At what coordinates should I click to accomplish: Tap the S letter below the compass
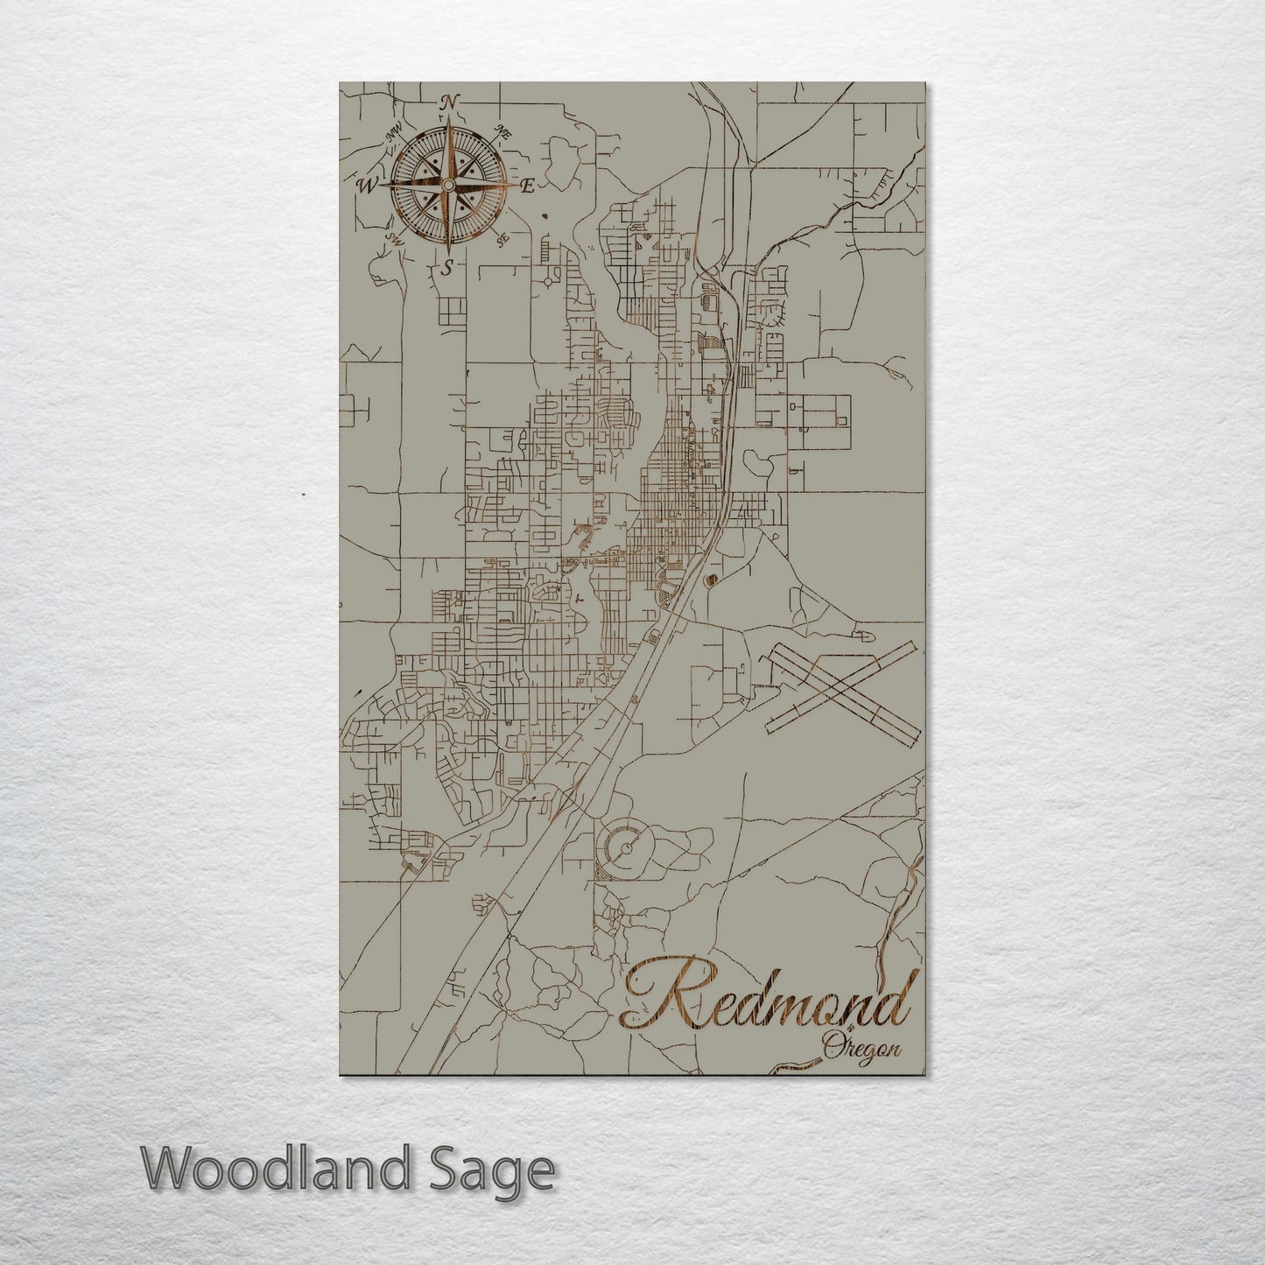[x=447, y=267]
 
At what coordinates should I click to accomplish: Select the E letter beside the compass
[x=528, y=186]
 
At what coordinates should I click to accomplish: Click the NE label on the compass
[x=502, y=133]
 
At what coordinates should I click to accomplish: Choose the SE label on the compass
[x=502, y=239]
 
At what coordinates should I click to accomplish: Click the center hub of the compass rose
[x=448, y=186]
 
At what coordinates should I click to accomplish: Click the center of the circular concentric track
[x=627, y=847]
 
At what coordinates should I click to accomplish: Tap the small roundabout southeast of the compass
[x=549, y=282]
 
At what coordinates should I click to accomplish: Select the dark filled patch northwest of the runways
[x=710, y=579]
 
